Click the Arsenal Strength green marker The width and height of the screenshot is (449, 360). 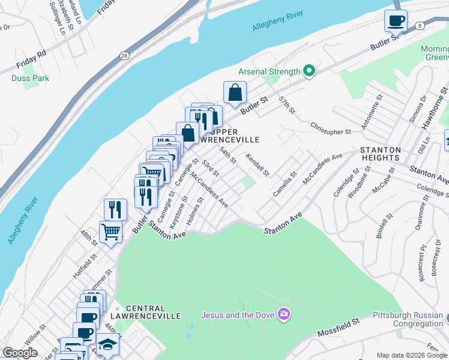[x=310, y=71]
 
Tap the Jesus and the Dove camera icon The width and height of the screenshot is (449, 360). [x=284, y=314]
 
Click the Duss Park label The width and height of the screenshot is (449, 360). [x=30, y=78]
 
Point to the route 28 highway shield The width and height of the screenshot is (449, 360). [x=124, y=56]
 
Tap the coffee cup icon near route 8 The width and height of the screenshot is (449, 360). [x=396, y=21]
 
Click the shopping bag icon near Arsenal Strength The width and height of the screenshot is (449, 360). [x=235, y=92]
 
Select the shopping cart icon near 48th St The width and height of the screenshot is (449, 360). [x=111, y=230]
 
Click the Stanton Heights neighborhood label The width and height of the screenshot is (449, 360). [x=379, y=154]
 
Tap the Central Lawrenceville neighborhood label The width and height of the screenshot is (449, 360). [x=145, y=316]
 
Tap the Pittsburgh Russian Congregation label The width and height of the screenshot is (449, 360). [x=408, y=319]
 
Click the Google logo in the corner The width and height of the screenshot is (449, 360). [x=20, y=353]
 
